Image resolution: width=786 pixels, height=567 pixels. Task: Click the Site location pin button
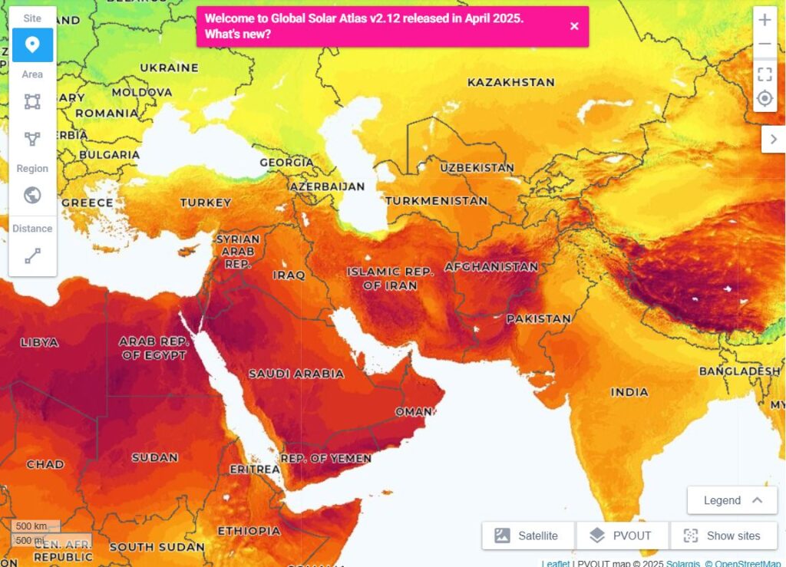coord(32,45)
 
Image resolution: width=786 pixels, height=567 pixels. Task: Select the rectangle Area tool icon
coord(32,101)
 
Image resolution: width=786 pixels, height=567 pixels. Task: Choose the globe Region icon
coord(32,195)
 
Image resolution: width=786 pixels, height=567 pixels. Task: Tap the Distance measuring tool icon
coord(32,255)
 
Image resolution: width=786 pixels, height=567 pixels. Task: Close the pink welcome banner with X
coord(574,26)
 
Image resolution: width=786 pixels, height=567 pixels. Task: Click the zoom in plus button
coord(765,20)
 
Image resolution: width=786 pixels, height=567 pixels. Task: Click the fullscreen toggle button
coord(765,74)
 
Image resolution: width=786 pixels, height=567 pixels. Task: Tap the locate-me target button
coord(765,98)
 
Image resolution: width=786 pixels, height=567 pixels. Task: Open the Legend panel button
coord(732,500)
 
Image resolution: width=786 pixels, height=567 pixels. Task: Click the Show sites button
coord(723,536)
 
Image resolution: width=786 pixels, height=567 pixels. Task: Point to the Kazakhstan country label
coord(510,82)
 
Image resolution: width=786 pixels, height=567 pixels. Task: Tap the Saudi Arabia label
coord(296,374)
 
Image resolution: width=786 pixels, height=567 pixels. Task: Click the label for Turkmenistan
coord(436,200)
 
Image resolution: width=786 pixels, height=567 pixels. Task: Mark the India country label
coord(629,392)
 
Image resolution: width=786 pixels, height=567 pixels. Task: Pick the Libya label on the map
coord(39,342)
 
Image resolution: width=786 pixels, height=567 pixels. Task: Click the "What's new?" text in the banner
coord(238,35)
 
